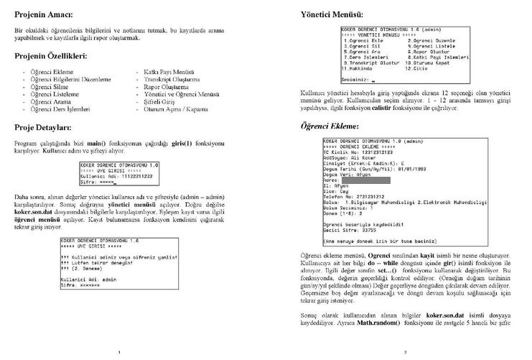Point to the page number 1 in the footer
click(x=119, y=352)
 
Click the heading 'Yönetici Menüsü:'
click(x=331, y=14)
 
